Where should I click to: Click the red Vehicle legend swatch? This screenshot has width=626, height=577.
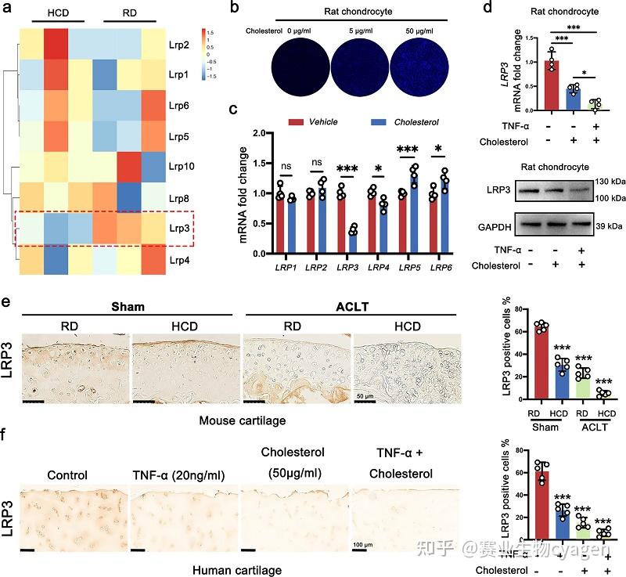pyautogui.click(x=296, y=123)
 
